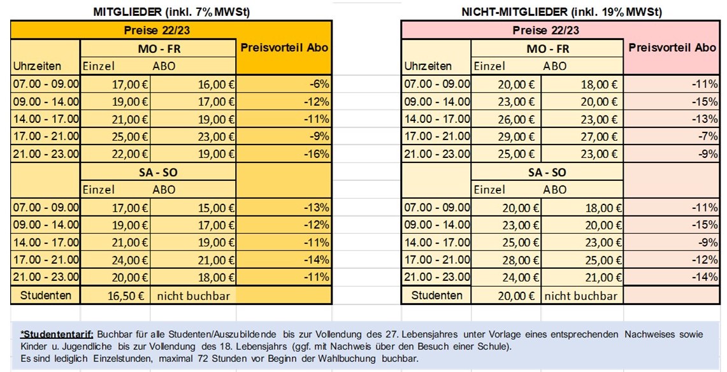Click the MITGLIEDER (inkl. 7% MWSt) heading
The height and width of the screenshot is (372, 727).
tap(171, 11)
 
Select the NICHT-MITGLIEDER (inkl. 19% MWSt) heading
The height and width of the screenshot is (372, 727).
tap(561, 11)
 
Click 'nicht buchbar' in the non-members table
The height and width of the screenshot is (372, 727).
tap(581, 295)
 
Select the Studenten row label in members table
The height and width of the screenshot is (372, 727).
tap(45, 295)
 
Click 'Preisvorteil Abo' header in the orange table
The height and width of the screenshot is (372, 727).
tap(284, 48)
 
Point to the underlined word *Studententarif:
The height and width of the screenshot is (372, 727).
tap(57, 334)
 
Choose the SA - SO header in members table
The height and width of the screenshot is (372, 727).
tap(158, 172)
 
